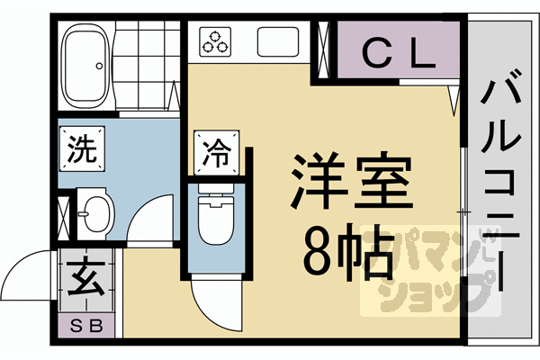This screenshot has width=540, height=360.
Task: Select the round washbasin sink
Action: pos(94,212)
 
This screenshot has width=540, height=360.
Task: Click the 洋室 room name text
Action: pos(347,182)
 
